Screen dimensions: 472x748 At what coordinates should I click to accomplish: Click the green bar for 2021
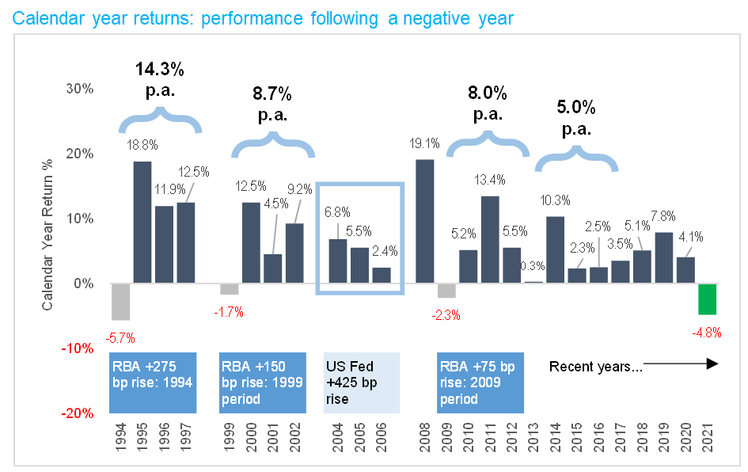707,299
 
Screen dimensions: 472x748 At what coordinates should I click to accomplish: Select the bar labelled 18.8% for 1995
142,222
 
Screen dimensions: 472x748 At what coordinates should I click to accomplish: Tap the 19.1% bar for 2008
424,221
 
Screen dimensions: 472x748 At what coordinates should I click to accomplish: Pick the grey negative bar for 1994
120,302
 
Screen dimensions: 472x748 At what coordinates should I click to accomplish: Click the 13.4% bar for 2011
490,239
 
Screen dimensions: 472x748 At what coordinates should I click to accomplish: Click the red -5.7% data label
120,338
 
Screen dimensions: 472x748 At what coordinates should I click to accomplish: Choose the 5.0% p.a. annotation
576,117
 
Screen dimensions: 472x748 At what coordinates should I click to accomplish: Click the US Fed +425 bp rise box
362,382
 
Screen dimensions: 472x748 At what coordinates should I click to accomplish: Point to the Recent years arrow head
712,364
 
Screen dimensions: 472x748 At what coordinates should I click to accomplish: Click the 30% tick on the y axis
80,89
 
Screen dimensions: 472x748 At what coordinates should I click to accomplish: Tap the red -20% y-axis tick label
78,413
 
